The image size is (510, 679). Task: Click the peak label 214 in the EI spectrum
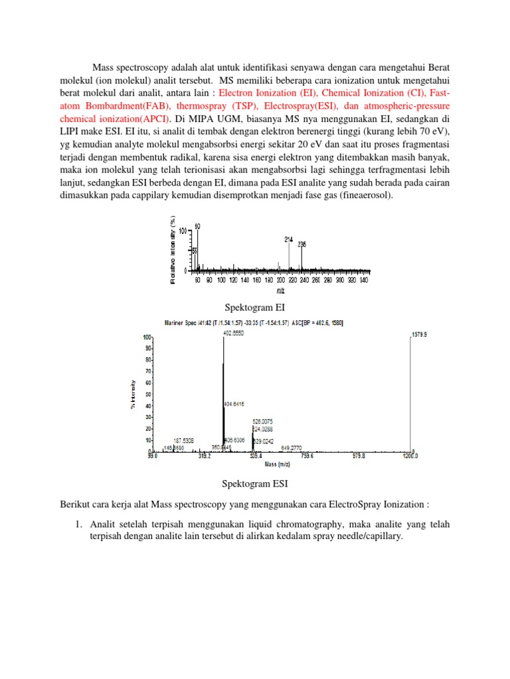tap(289, 239)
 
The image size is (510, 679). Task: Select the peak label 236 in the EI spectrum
tap(302, 244)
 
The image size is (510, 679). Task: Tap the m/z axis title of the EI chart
tap(280, 290)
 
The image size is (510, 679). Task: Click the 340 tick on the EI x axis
tap(363, 280)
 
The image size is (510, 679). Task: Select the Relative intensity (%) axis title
tap(173, 251)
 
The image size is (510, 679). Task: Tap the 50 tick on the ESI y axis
tap(149, 394)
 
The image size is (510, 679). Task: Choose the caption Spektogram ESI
tap(255, 484)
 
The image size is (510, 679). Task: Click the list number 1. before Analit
tap(78, 524)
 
